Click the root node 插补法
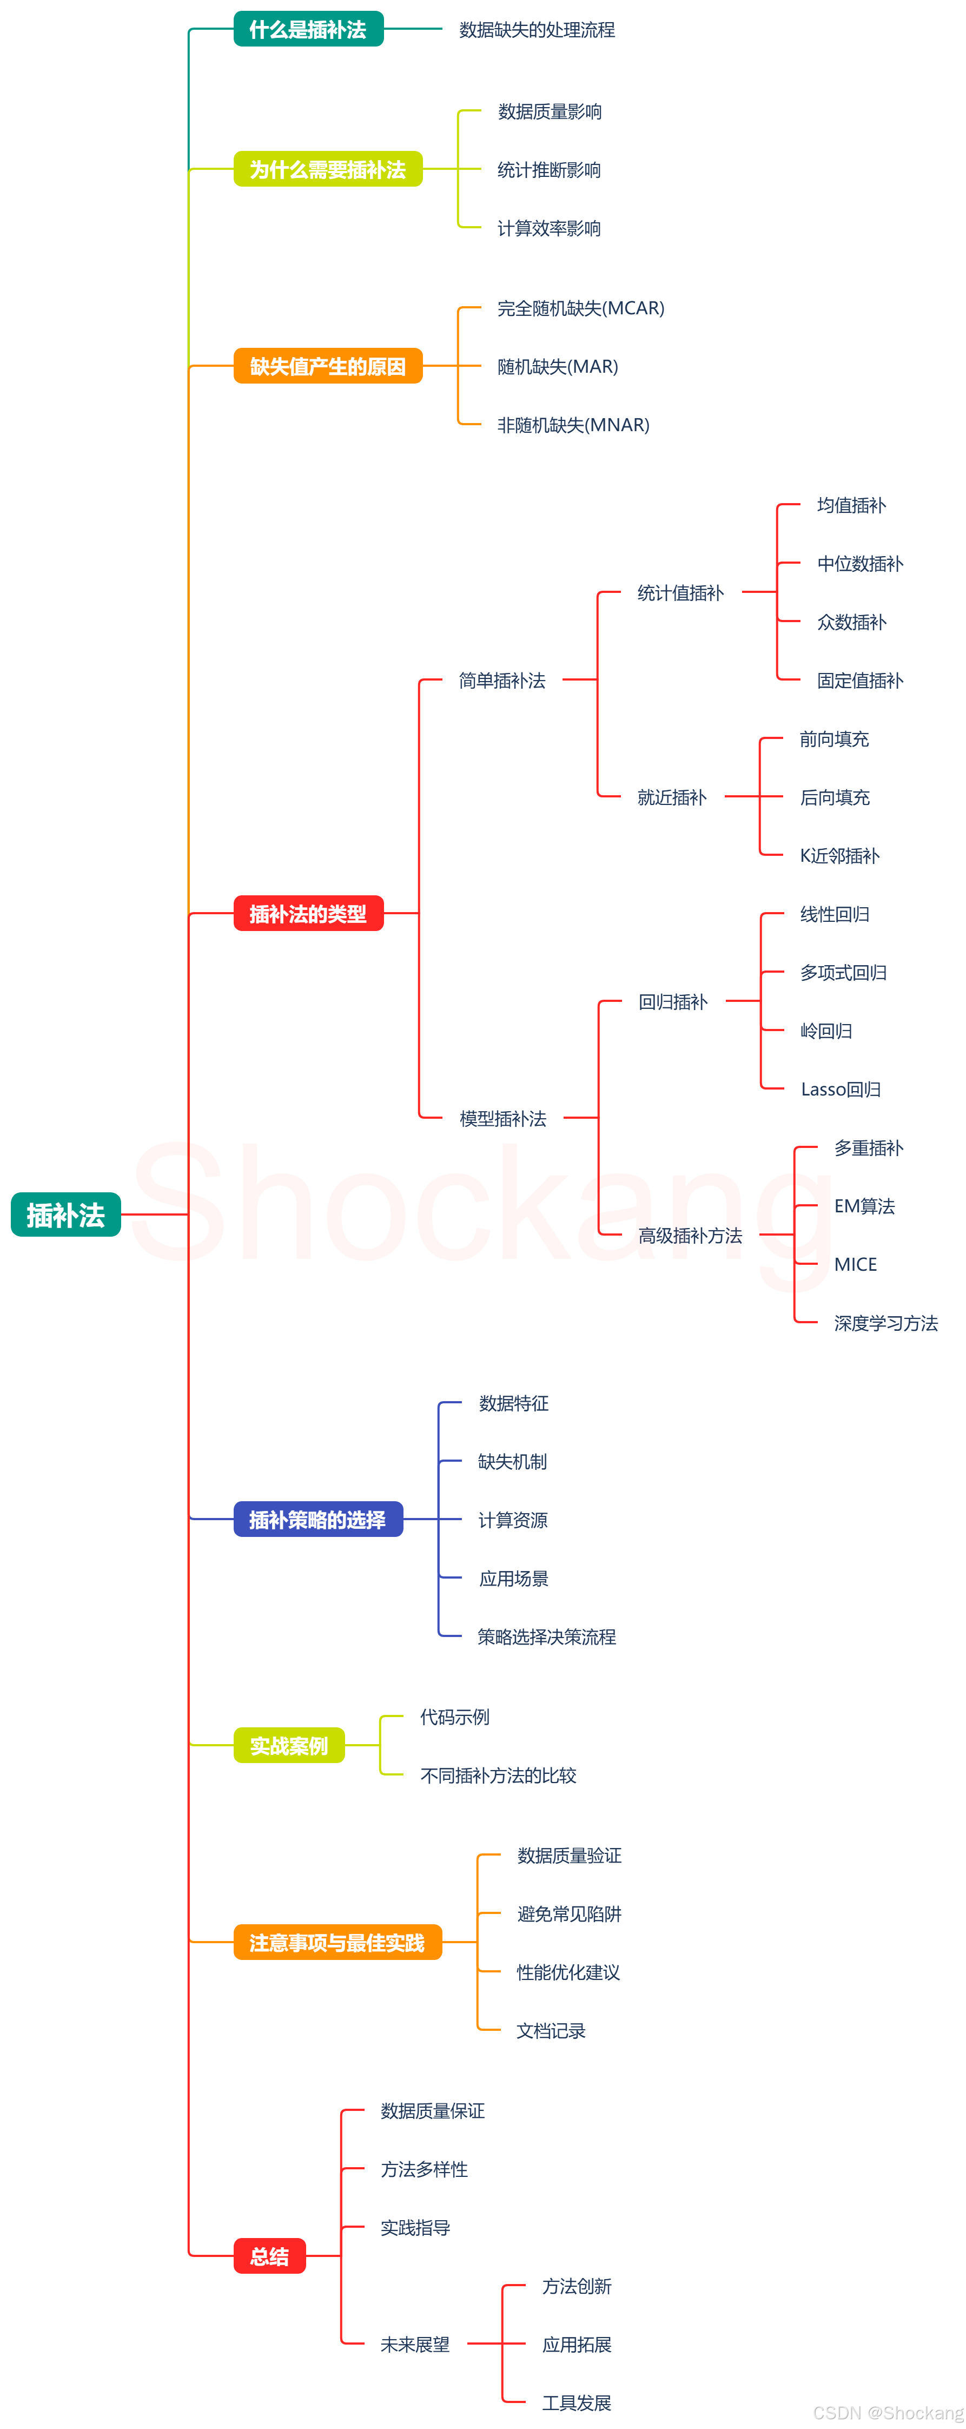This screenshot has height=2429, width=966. coord(65,1214)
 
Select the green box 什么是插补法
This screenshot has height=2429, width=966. coord(308,29)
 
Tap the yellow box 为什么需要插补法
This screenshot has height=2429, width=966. coord(327,170)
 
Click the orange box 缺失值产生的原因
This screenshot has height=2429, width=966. coord(327,366)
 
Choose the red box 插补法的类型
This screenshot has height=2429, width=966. coord(308,913)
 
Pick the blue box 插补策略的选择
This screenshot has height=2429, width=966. coord(317,1519)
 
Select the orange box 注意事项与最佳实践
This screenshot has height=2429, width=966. coord(338,1943)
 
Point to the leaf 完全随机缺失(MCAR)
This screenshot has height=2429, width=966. coord(580,308)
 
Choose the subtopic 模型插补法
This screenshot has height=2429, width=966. coord(502,1118)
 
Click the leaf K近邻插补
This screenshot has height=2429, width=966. coord(839,855)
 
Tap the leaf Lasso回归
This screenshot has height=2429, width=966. coord(841,1089)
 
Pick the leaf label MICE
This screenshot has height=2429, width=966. coord(855,1264)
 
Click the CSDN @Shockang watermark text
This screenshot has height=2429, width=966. coord(887,2412)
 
